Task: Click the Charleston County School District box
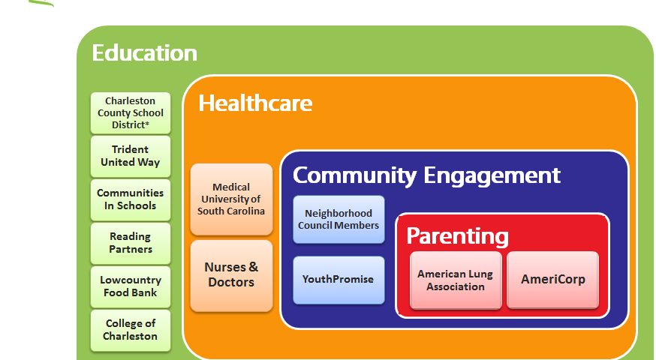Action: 131,113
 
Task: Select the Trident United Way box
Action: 131,157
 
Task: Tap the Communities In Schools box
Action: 131,199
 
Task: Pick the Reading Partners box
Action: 131,243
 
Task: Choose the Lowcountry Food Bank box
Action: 131,286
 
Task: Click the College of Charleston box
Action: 131,330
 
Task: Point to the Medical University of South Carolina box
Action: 231,199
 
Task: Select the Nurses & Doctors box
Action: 231,275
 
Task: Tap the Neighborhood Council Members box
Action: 339,220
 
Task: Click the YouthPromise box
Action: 339,280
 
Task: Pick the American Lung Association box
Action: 456,280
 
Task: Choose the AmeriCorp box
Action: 552,280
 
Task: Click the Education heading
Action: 144,53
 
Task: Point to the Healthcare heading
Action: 255,103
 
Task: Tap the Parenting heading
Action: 457,237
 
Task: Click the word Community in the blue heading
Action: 354,176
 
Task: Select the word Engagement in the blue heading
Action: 492,176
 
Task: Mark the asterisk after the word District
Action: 147,123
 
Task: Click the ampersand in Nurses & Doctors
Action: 254,267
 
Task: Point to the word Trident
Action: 130,150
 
